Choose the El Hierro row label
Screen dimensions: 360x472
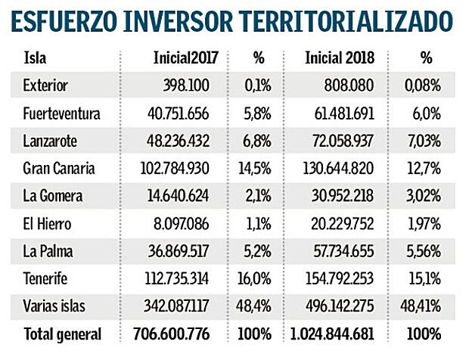[x=51, y=223]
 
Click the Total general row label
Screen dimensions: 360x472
[x=62, y=333]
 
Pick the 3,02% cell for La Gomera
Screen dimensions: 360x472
[x=422, y=195]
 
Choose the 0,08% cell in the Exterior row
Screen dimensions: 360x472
[x=422, y=85]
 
